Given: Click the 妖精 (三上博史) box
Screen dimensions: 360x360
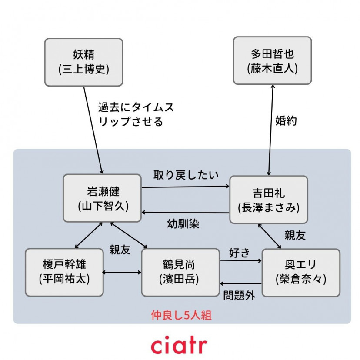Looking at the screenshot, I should [83, 62].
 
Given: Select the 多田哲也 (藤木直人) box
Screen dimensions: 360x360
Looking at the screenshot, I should [272, 60].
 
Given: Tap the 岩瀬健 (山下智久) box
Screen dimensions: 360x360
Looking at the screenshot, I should [102, 198].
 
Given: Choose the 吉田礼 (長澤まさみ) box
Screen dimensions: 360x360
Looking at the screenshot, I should [268, 200].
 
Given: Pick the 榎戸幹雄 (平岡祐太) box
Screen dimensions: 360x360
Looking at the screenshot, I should [64, 272].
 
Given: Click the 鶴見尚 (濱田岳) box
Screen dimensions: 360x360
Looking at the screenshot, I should [180, 272].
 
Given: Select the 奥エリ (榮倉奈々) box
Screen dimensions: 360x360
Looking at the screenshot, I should [300, 272].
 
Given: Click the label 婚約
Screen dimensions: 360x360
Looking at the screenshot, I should [286, 121].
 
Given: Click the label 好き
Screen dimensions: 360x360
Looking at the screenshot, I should [239, 253].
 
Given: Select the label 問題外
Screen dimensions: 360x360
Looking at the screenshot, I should [239, 296].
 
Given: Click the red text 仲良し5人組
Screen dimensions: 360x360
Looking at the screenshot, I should [181, 315].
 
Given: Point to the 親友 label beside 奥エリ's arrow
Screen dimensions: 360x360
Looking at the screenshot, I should [295, 235].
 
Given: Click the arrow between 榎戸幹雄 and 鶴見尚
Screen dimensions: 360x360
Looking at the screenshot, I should [122, 273].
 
